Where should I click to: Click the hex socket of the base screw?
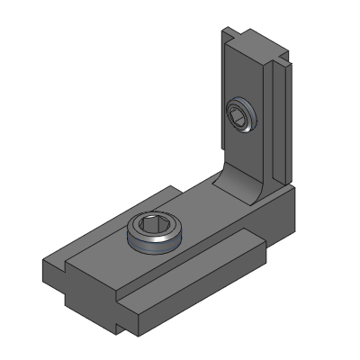[157, 227]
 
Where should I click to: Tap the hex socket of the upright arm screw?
[238, 113]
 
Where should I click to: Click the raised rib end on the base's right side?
[257, 238]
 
